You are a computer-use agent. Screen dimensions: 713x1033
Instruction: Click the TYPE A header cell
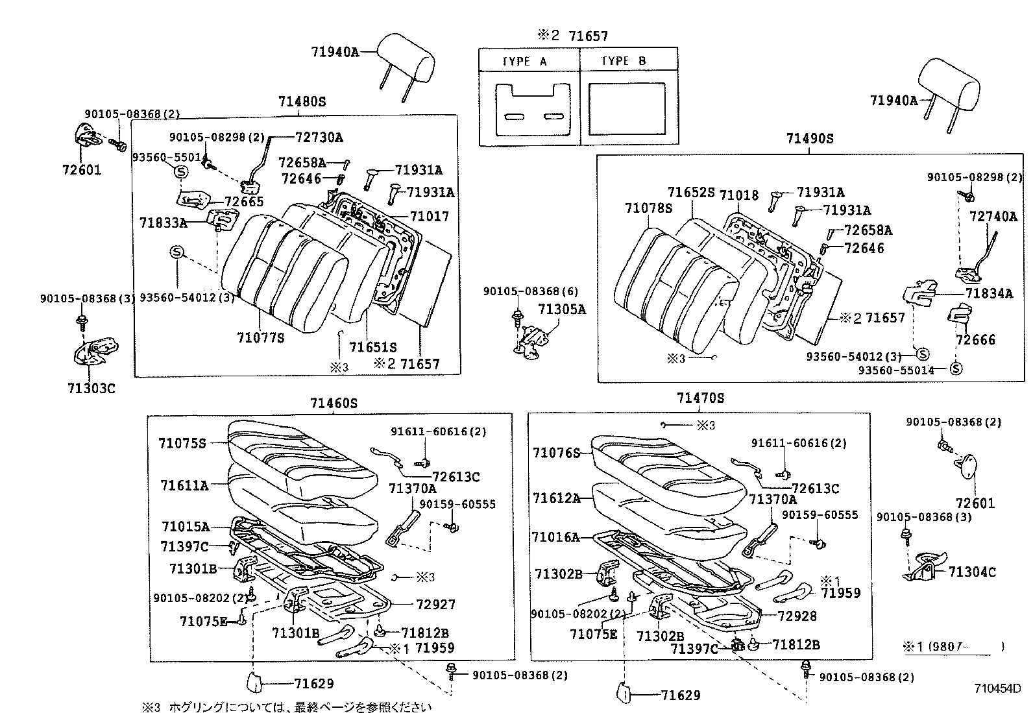(x=525, y=61)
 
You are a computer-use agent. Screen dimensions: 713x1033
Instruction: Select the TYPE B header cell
(x=624, y=61)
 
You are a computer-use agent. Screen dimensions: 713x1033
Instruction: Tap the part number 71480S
(x=302, y=102)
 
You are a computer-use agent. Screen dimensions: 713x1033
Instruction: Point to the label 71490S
(x=809, y=139)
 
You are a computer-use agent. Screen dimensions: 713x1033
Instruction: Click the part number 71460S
(x=334, y=404)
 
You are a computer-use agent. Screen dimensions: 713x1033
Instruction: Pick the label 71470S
(x=700, y=398)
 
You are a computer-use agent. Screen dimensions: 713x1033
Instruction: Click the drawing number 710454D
(x=997, y=688)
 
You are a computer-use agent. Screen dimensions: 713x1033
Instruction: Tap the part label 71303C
(x=91, y=388)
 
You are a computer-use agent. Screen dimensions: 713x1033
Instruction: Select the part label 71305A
(x=562, y=309)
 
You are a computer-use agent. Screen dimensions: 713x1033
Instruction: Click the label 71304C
(x=971, y=572)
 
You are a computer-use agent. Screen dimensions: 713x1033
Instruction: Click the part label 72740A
(x=993, y=217)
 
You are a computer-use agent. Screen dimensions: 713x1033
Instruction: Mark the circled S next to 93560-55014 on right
(x=956, y=369)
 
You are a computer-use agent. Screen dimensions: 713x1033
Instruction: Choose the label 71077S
(x=261, y=337)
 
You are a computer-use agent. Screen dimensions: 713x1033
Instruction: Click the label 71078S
(x=649, y=208)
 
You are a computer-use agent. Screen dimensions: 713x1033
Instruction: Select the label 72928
(x=797, y=616)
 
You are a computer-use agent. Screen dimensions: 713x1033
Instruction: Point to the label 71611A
(x=185, y=485)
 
